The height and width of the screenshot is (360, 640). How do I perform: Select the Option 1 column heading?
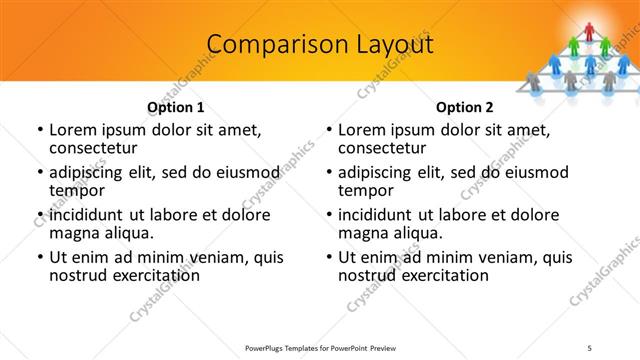(x=176, y=107)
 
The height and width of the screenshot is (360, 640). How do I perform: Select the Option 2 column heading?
(x=465, y=107)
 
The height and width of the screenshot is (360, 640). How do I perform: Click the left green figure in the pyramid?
(x=575, y=44)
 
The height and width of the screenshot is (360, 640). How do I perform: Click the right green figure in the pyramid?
(x=605, y=44)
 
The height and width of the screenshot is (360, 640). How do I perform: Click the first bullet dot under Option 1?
(x=39, y=130)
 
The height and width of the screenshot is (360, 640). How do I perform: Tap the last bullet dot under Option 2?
(x=329, y=257)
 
